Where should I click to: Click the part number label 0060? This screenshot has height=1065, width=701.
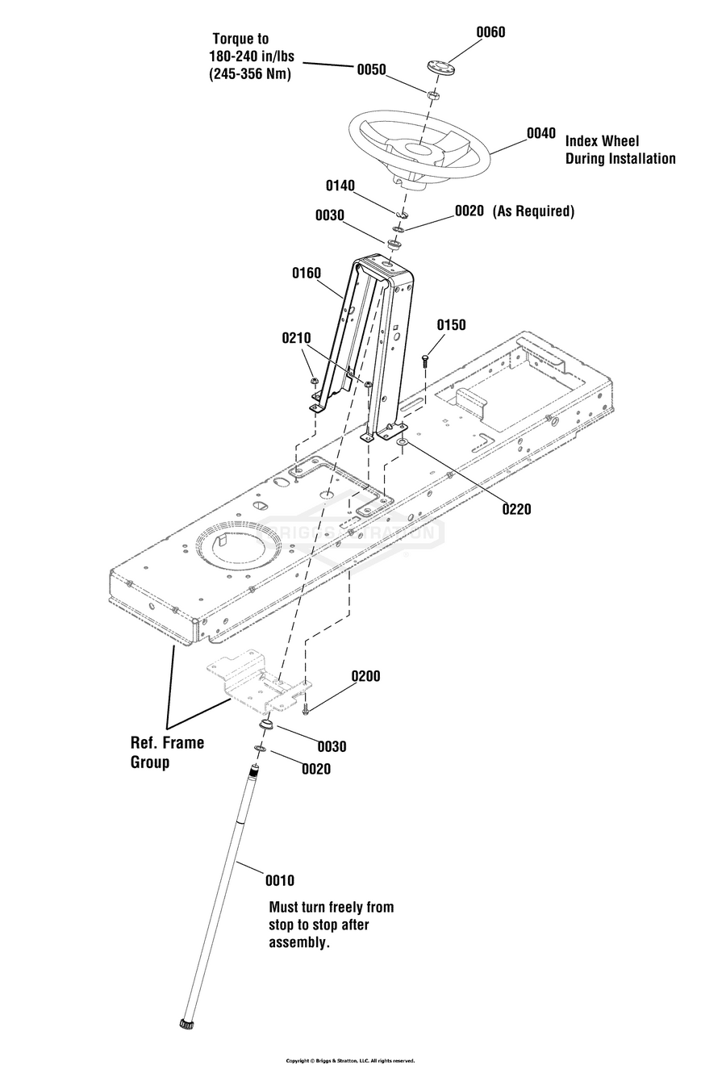490,32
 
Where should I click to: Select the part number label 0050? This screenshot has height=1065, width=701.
371,70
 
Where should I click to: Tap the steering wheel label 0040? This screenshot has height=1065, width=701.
540,133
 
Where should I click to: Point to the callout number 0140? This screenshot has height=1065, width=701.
340,186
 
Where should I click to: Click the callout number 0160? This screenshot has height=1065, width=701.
307,274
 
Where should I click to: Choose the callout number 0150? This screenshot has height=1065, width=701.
452,325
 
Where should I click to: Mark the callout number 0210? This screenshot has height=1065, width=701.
296,339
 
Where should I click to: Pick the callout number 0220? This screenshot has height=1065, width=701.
516,509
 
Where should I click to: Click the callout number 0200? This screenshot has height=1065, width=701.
365,676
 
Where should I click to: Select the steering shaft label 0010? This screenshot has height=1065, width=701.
280,881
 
